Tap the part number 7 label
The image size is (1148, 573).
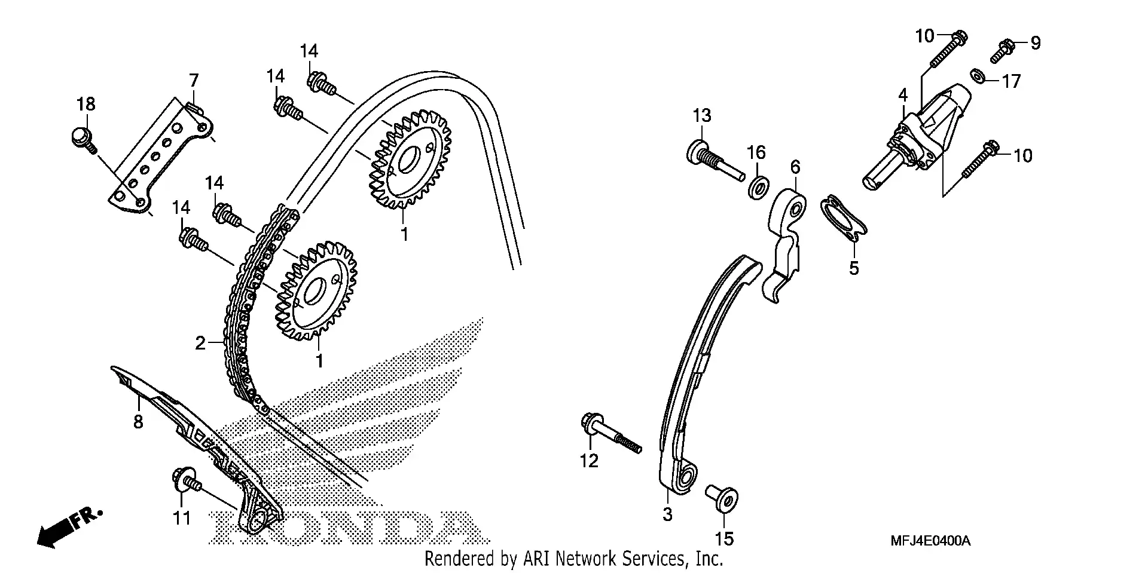(x=194, y=80)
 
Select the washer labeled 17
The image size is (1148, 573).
(x=978, y=76)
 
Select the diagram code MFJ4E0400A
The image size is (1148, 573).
(x=930, y=541)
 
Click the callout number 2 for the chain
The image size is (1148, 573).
(x=200, y=343)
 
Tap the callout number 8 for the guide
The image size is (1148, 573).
(x=138, y=422)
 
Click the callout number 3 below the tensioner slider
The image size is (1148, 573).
(x=667, y=514)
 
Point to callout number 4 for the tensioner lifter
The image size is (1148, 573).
(x=903, y=95)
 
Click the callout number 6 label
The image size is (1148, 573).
(x=795, y=167)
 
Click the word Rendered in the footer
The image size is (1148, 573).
(x=453, y=559)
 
